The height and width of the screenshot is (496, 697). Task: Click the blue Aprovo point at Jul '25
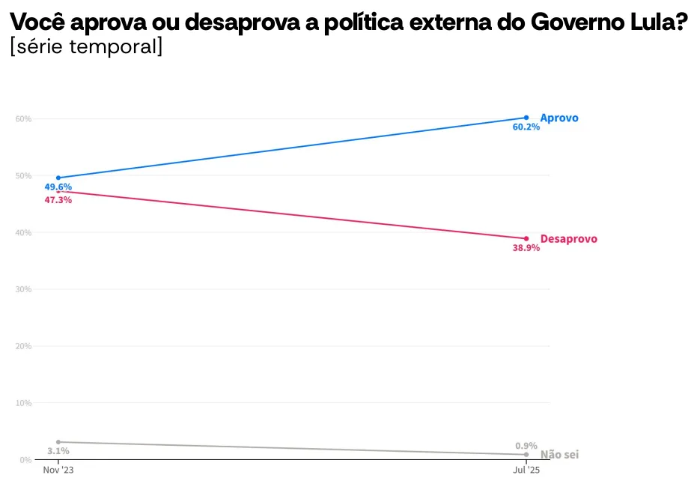tap(526, 118)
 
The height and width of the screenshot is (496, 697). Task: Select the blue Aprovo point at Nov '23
tap(58, 178)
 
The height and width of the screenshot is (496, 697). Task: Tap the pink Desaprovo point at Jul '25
tap(526, 239)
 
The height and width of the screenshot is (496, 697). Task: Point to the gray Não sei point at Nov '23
tap(58, 442)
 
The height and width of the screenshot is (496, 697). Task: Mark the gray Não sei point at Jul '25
tap(526, 455)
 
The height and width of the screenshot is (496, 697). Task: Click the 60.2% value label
tap(526, 127)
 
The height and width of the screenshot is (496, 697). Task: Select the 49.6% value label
tap(58, 187)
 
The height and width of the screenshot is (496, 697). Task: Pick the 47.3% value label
tap(58, 200)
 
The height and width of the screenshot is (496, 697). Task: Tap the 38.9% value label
tap(526, 248)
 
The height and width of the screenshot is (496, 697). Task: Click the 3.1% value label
tap(58, 451)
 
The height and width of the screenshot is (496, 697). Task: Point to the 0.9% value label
tap(526, 446)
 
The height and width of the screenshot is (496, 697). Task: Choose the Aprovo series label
tap(559, 118)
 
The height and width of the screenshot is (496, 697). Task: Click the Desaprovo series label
tap(568, 239)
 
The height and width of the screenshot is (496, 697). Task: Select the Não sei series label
tap(560, 455)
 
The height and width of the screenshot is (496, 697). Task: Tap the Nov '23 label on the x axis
tap(58, 471)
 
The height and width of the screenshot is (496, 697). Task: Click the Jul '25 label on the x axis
tap(526, 471)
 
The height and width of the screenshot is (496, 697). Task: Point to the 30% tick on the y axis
tap(23, 290)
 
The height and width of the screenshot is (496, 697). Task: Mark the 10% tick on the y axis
tap(23, 404)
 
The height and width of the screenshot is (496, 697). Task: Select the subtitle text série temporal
tap(87, 46)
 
